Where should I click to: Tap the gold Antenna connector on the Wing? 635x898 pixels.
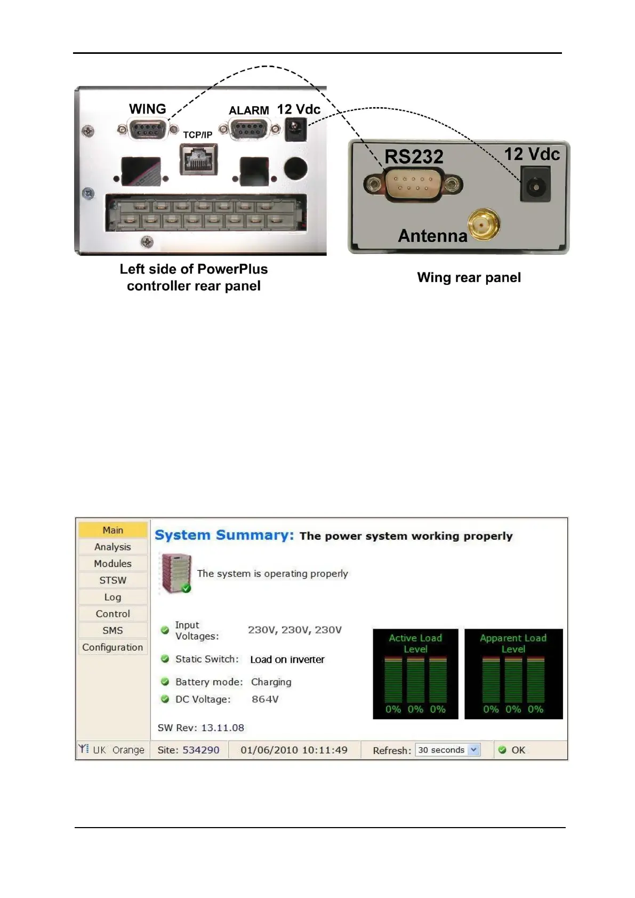pos(484,224)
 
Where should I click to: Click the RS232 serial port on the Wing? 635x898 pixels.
pos(413,185)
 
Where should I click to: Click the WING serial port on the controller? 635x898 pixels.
pos(148,129)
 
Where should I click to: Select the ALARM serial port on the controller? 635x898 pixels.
pos(250,129)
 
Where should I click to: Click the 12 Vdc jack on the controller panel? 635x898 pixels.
pos(295,129)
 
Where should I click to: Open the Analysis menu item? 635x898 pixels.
pos(112,547)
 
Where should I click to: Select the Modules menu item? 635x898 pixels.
pos(112,564)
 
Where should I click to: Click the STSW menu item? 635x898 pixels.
pos(112,580)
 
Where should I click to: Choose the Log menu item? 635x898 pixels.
pos(112,597)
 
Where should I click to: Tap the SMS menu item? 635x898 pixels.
pos(112,630)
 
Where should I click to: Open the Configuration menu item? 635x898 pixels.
pos(112,647)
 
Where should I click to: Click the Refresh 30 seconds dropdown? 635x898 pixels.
pos(448,750)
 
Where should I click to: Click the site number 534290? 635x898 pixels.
pos(201,750)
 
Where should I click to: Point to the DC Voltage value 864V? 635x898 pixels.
pos(265,699)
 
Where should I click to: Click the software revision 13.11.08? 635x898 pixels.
pos(222,728)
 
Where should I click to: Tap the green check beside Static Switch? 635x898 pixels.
pos(165,659)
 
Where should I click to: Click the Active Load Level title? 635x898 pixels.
pos(415,643)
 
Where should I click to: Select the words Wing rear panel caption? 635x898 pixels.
pos(469,277)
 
